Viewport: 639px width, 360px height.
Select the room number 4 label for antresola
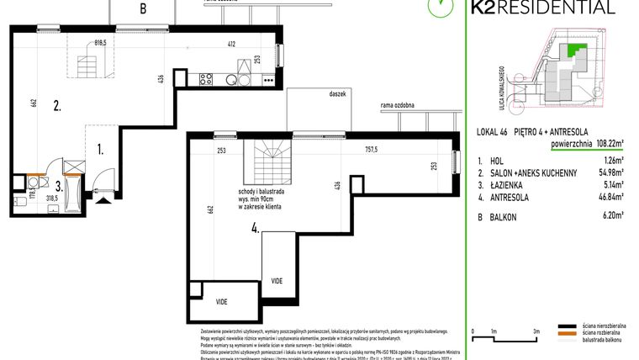[x=254, y=225]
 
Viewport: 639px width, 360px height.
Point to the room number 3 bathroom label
[x=58, y=187]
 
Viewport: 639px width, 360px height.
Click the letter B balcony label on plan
[x=143, y=10]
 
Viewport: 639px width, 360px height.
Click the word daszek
[x=338, y=95]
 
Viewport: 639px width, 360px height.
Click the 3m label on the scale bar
[x=535, y=331]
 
